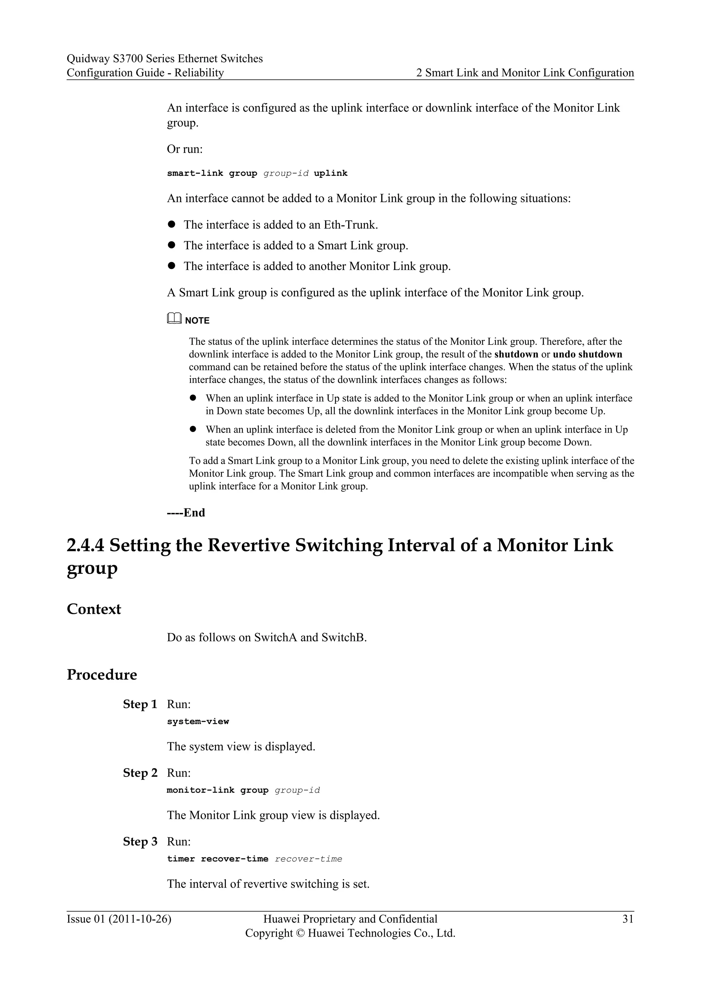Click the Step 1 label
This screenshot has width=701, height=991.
pyautogui.click(x=140, y=704)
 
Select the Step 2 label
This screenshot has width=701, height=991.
pyautogui.click(x=140, y=773)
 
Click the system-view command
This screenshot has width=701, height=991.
pyautogui.click(x=198, y=722)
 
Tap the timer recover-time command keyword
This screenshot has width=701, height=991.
pyautogui.click(x=218, y=859)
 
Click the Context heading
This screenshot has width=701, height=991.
pyautogui.click(x=94, y=609)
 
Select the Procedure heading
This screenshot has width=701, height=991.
pyautogui.click(x=101, y=674)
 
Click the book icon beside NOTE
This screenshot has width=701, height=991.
pyautogui.click(x=174, y=319)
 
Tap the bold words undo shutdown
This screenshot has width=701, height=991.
pyautogui.click(x=587, y=355)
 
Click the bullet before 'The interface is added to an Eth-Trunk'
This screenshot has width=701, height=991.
pyautogui.click(x=171, y=224)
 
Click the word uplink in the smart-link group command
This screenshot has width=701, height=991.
pyautogui.click(x=330, y=173)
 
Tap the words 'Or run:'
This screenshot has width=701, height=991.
pyautogui.click(x=185, y=149)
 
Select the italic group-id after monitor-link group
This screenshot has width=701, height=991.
pyautogui.click(x=297, y=790)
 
